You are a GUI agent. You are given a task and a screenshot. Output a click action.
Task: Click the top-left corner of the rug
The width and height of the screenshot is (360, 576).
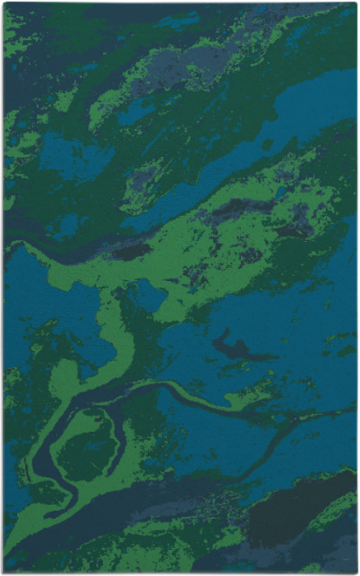4,4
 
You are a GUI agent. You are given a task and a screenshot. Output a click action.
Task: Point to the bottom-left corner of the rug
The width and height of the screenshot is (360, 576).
4,572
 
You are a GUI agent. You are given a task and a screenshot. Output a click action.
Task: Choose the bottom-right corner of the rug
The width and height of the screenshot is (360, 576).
356,572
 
